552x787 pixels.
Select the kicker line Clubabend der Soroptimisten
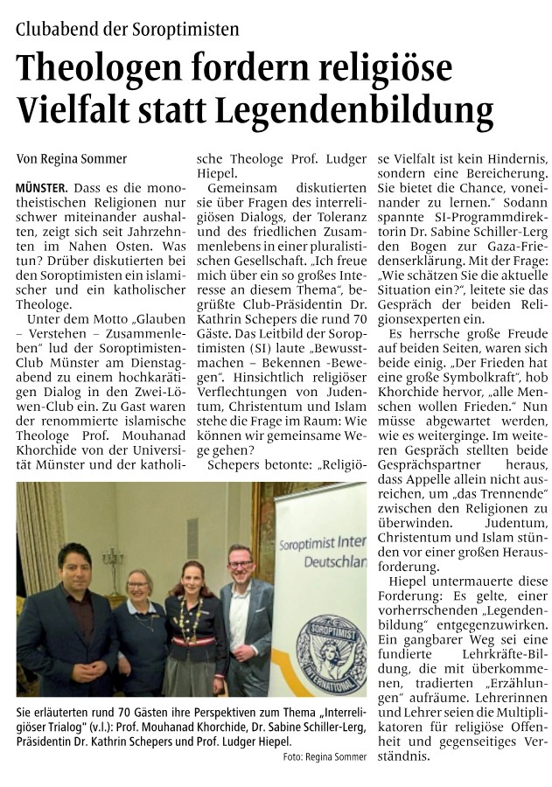[x=127, y=29]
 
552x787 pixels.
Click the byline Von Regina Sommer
[x=72, y=159]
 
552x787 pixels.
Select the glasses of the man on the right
[x=240, y=562]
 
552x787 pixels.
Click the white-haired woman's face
[x=138, y=583]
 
